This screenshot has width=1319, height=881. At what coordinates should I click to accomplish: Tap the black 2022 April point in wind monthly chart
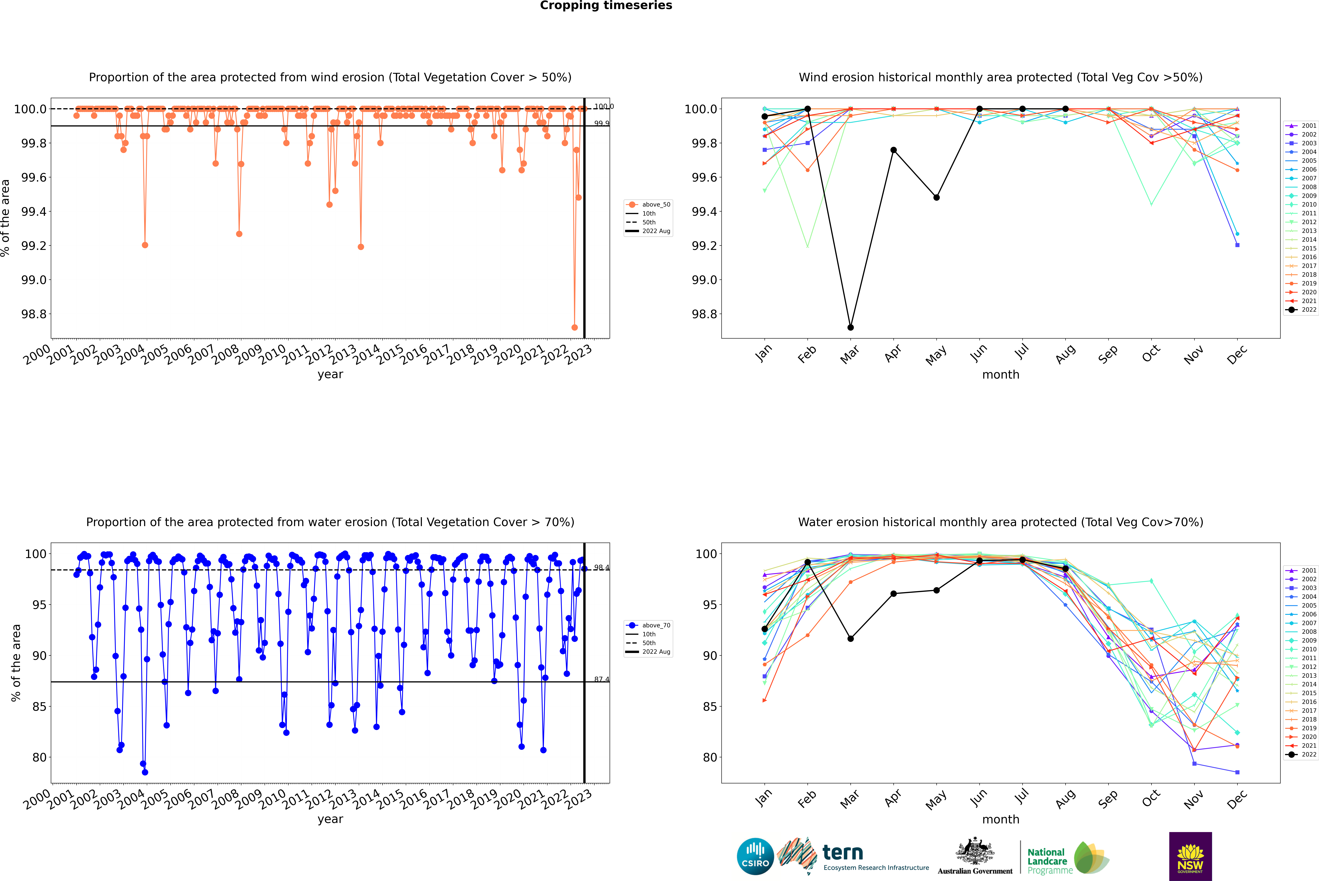pyautogui.click(x=893, y=150)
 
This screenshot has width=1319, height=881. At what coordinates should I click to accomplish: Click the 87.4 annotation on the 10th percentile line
pyautogui.click(x=601, y=679)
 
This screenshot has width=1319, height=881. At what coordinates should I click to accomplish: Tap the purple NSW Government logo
pyautogui.click(x=1190, y=856)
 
